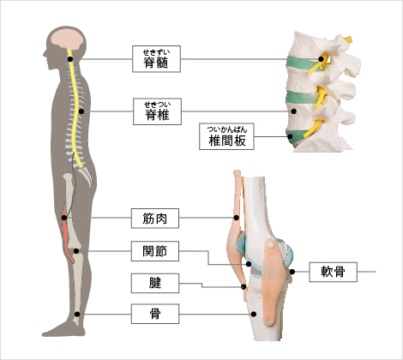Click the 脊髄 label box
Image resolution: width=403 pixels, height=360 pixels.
(156, 59)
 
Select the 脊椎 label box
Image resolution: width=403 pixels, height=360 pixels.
(157, 111)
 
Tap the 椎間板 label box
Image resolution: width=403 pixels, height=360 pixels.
(226, 136)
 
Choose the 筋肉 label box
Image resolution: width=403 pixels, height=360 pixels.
(155, 219)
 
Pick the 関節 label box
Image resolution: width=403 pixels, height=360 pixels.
(155, 251)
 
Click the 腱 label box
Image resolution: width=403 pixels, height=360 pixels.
(155, 283)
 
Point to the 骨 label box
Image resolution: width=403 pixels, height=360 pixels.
(155, 314)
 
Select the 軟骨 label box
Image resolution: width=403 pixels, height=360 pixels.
(333, 272)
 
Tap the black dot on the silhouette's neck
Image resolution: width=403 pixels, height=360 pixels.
(70, 59)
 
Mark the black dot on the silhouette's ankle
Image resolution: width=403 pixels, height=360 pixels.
(77, 314)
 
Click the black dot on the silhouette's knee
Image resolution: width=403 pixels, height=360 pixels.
(76, 251)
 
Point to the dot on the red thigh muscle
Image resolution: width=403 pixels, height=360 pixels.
(64, 218)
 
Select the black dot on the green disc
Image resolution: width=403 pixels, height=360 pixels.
(291, 136)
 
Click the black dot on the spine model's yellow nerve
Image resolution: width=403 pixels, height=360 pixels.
(322, 59)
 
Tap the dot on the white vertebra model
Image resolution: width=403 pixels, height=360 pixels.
(294, 111)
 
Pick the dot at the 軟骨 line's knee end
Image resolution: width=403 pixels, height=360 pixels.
(292, 272)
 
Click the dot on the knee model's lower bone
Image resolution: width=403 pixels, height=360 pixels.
(254, 314)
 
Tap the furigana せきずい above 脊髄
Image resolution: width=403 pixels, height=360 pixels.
(156, 52)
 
